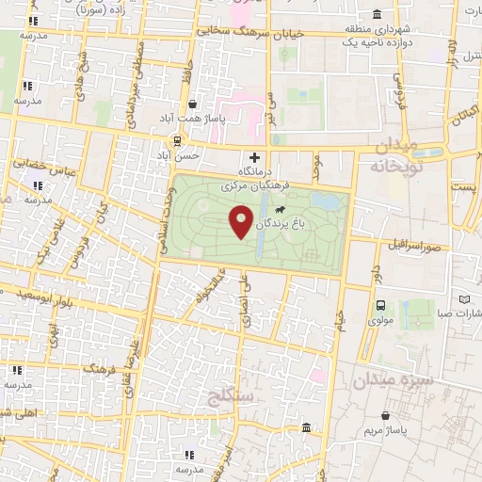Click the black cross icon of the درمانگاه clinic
click(252, 156)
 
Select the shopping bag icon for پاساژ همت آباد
click(193, 104)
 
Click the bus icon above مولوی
click(380, 306)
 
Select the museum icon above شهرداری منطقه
click(376, 14)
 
